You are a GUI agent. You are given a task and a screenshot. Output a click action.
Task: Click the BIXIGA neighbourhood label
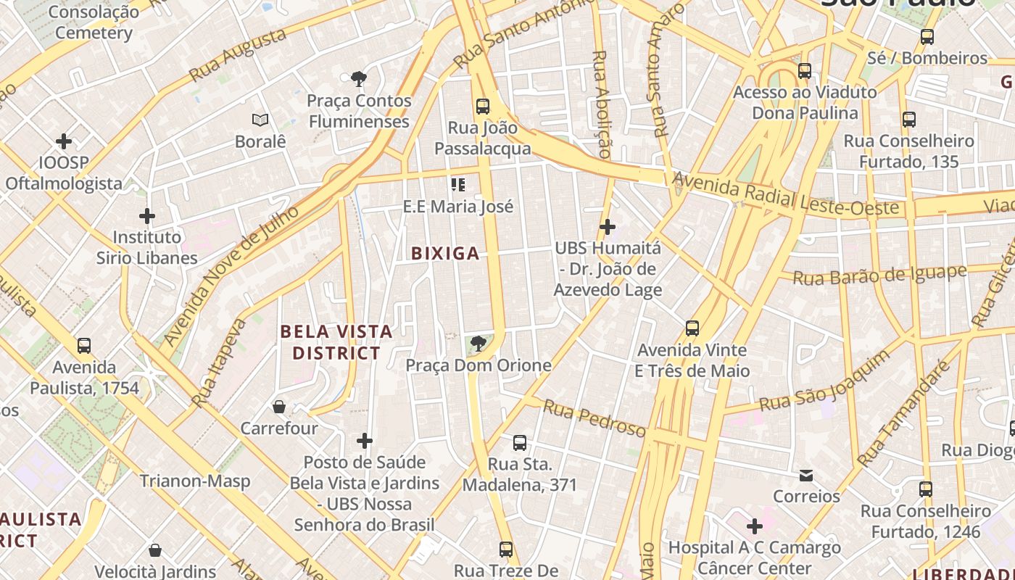(x=445, y=253)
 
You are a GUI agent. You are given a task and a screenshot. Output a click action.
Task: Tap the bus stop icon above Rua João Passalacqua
(x=483, y=107)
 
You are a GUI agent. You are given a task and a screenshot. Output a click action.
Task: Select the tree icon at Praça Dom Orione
(x=478, y=344)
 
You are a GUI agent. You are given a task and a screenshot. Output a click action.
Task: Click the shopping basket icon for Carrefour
(x=279, y=407)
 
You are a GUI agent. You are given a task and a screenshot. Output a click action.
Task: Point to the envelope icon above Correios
(x=806, y=476)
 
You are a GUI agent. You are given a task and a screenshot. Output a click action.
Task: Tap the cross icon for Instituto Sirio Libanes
(x=147, y=216)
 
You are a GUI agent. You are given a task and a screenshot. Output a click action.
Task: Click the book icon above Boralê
(x=260, y=120)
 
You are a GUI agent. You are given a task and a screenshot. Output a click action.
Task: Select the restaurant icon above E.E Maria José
(x=457, y=185)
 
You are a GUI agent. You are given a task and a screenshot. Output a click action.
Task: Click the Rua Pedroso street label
(x=594, y=418)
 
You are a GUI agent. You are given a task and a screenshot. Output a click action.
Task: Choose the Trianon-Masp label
(x=195, y=481)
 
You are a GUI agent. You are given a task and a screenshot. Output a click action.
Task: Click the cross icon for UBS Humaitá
(x=608, y=227)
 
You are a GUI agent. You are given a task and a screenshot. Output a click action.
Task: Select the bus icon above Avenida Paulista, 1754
(x=84, y=345)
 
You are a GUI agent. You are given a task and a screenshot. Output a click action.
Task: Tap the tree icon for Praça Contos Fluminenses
(x=357, y=79)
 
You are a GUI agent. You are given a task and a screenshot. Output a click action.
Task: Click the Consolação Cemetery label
(x=94, y=22)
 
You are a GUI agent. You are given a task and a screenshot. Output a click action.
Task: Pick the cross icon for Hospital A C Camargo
(x=755, y=526)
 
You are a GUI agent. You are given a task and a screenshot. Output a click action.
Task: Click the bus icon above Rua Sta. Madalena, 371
(x=519, y=442)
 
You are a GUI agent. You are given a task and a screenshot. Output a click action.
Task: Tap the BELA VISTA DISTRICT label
(x=336, y=342)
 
